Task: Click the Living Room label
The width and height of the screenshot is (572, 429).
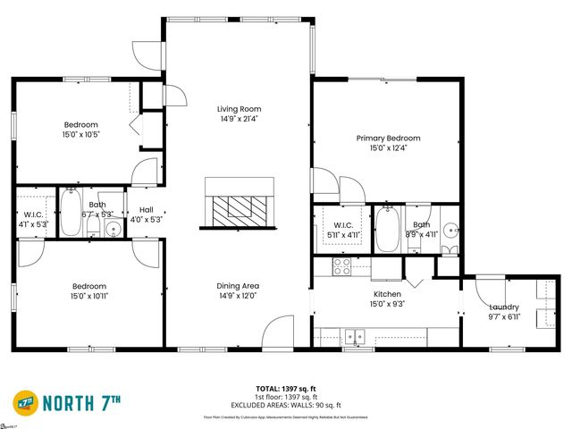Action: point(239,109)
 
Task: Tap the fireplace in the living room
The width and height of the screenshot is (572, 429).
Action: point(239,203)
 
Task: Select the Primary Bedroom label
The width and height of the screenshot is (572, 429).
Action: point(388,139)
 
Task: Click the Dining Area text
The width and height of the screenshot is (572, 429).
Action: point(238,286)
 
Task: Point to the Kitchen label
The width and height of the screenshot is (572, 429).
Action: point(387,294)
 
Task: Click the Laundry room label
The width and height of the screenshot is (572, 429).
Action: point(503,307)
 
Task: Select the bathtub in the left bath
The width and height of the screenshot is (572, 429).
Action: point(71,214)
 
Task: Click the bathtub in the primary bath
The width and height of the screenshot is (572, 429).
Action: point(387,229)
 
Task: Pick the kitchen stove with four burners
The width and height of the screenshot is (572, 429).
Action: point(341,265)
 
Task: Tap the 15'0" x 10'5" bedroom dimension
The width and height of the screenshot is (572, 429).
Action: point(80,135)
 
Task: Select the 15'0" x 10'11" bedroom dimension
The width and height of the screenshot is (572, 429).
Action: point(80,297)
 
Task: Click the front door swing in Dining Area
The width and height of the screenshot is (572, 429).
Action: point(280,331)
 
